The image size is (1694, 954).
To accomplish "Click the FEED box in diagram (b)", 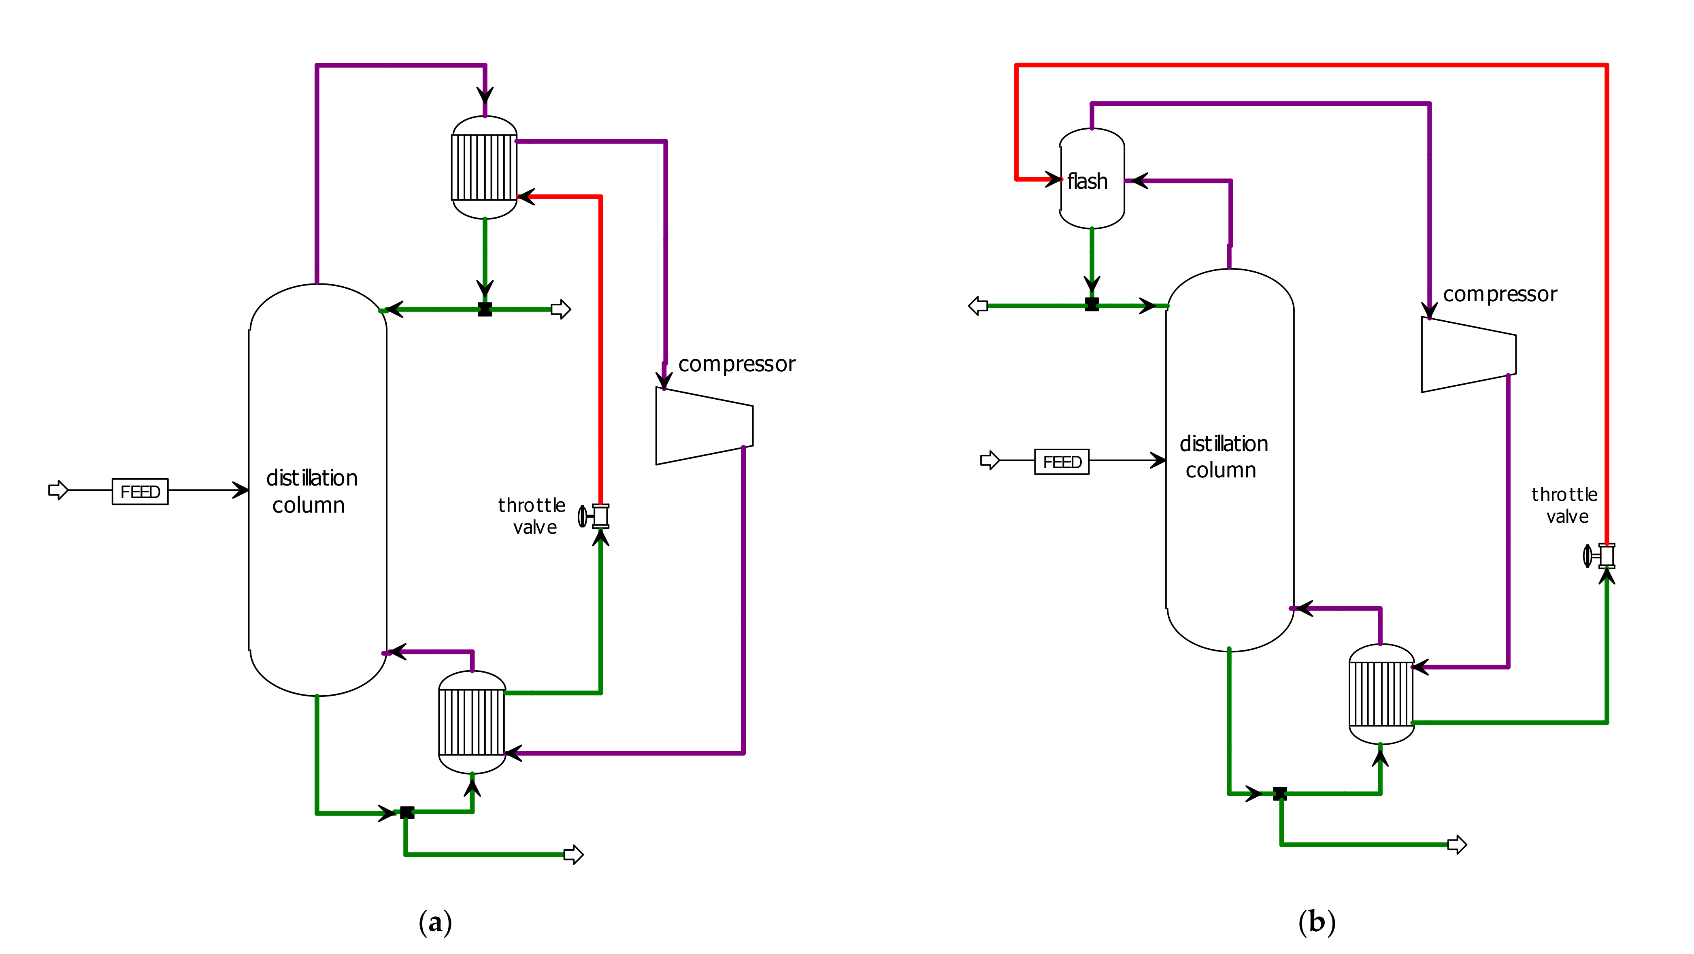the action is pos(1062,462).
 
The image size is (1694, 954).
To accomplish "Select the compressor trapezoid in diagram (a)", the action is pos(704,426).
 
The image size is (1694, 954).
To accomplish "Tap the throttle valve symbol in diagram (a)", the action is pos(594,516).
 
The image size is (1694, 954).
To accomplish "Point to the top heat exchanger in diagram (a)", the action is pos(485,168).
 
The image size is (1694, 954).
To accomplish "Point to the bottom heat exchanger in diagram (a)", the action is pos(472,722).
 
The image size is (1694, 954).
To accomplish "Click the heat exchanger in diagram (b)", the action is pos(1381,694).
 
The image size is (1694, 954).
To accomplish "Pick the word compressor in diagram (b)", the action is pos(1500,294).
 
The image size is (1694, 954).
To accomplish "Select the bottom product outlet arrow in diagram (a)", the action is pos(573,855).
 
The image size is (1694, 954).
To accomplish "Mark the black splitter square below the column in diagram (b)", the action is pos(1280,794).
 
